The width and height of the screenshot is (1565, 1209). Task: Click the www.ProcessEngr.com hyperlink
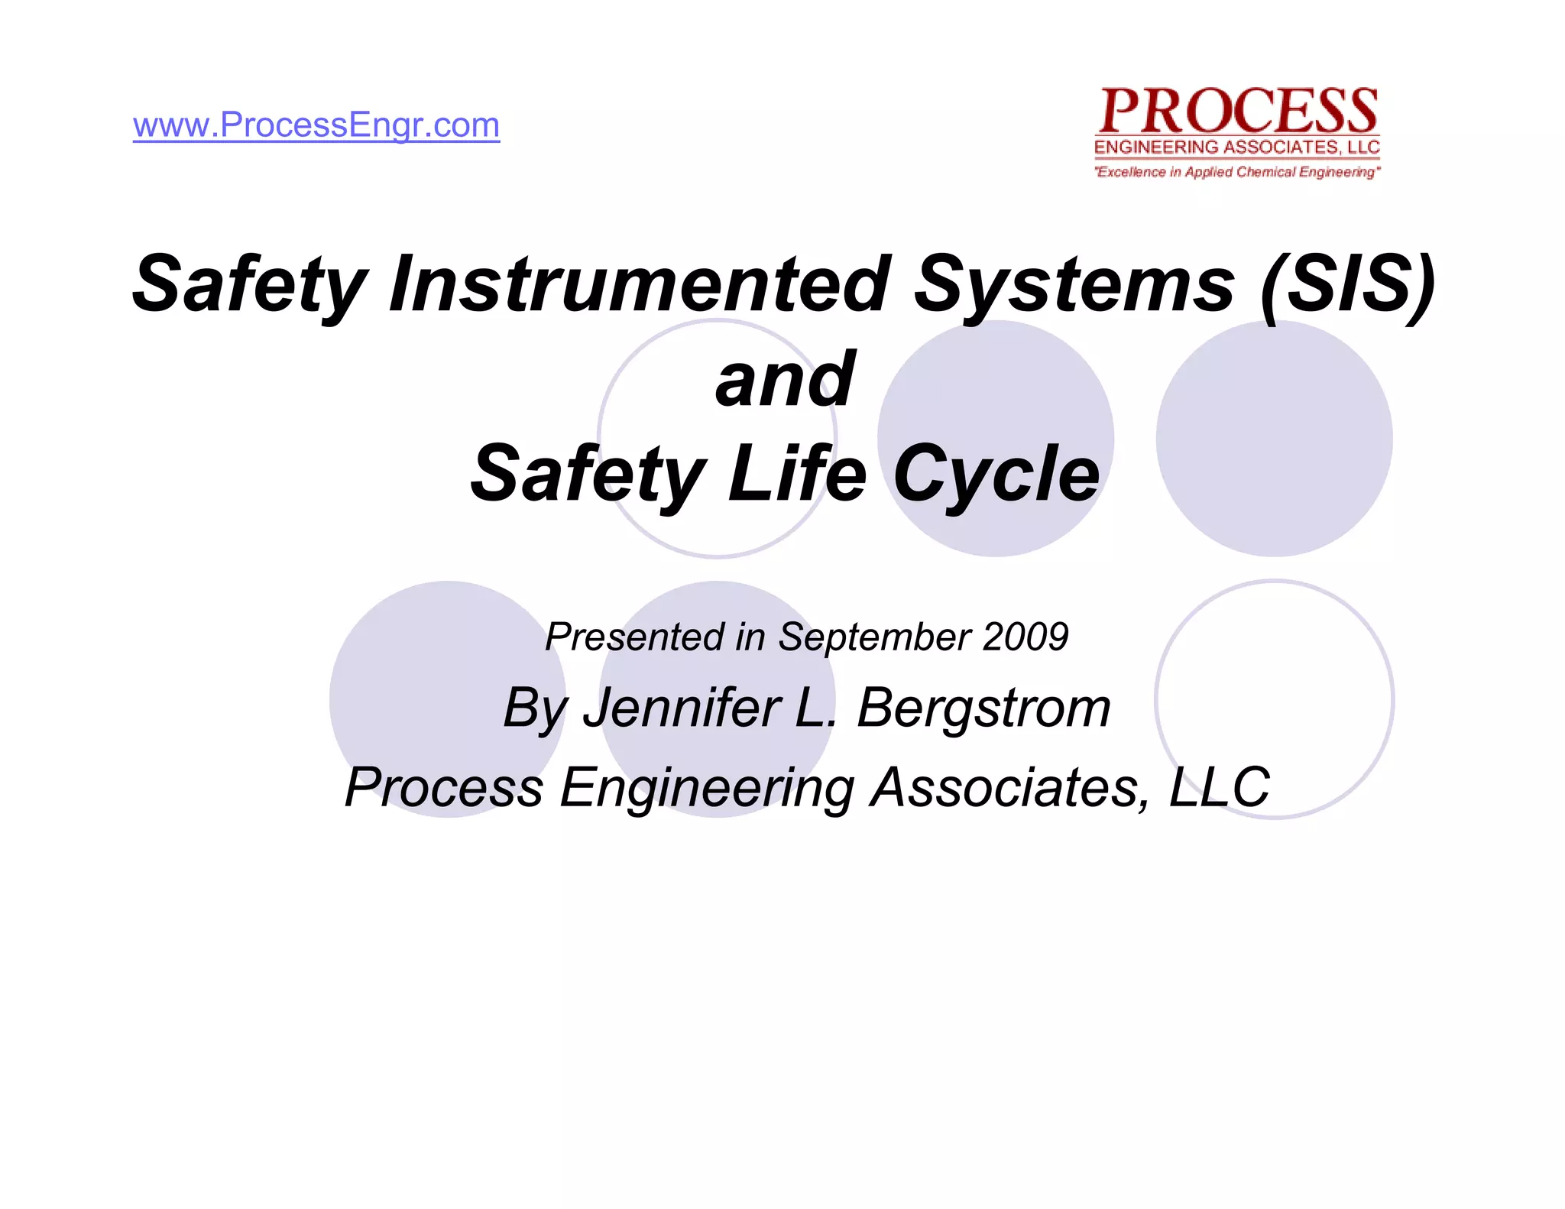[316, 125]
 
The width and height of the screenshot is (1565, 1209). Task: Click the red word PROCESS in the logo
[1238, 112]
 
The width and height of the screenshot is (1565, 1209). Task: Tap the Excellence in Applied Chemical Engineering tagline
[1237, 172]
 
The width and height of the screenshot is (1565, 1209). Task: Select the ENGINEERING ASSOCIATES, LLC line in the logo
[1237, 147]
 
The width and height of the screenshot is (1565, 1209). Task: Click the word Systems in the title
[1074, 284]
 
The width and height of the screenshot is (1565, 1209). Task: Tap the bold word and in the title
[785, 380]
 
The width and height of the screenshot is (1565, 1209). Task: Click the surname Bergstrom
[983, 709]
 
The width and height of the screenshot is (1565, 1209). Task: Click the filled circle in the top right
[1274, 438]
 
